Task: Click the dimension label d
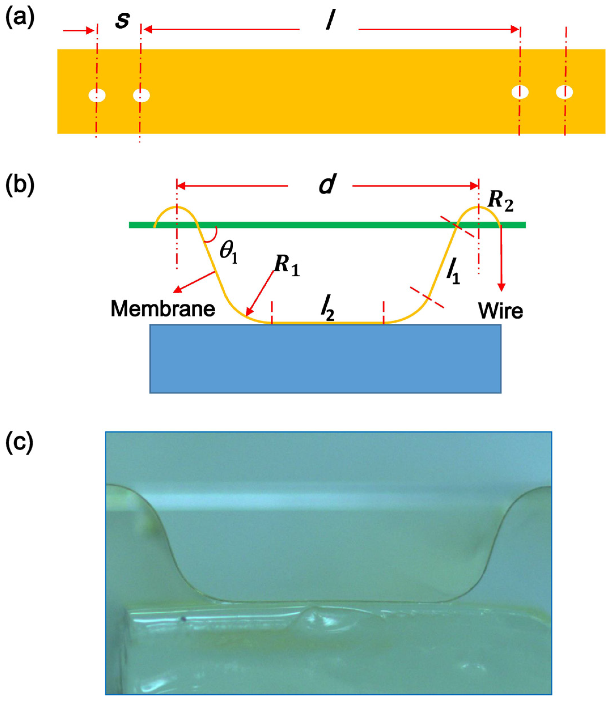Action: tap(327, 185)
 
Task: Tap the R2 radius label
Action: tap(500, 203)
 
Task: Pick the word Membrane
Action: tap(163, 309)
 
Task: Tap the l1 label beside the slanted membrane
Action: tap(453, 274)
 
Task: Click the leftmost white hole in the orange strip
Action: tap(97, 96)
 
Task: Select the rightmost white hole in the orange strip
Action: tap(565, 92)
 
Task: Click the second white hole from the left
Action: tap(141, 96)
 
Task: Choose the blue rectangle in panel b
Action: tap(325, 359)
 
